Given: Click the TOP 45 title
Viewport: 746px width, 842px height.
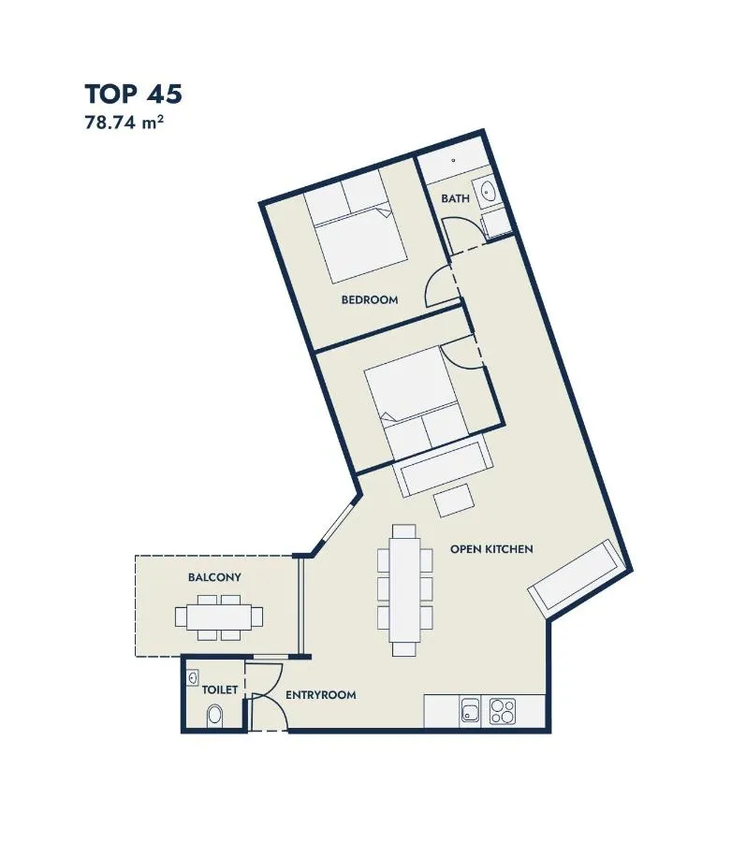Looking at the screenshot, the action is tap(133, 94).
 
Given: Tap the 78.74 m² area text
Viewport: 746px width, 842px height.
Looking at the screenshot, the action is tap(124, 123).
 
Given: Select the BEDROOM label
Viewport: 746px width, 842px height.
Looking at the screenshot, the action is tap(370, 299).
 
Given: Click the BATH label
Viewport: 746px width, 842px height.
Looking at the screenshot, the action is tap(456, 198).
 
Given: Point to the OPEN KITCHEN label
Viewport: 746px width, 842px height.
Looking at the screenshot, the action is tap(491, 549).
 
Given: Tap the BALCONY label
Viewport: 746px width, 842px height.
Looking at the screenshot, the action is tap(214, 577).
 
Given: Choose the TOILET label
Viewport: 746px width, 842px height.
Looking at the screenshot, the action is tap(220, 690).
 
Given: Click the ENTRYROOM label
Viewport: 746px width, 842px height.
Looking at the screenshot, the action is tap(321, 695).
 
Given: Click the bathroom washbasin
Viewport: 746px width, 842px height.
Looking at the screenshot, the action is tap(490, 191).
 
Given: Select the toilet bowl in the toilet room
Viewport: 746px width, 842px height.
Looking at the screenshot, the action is tap(214, 716).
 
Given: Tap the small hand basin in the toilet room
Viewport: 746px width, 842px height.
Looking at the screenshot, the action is tap(193, 678).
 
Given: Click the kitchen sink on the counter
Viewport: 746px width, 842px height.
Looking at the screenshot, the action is tap(471, 711).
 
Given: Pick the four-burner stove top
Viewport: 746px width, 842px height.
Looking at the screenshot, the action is tap(502, 711).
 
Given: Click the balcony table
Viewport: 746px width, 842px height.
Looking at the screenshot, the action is tap(219, 617).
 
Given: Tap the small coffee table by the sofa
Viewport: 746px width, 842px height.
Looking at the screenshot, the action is tap(454, 500).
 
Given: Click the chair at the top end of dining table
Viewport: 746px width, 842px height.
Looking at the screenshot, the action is tap(403, 531).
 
